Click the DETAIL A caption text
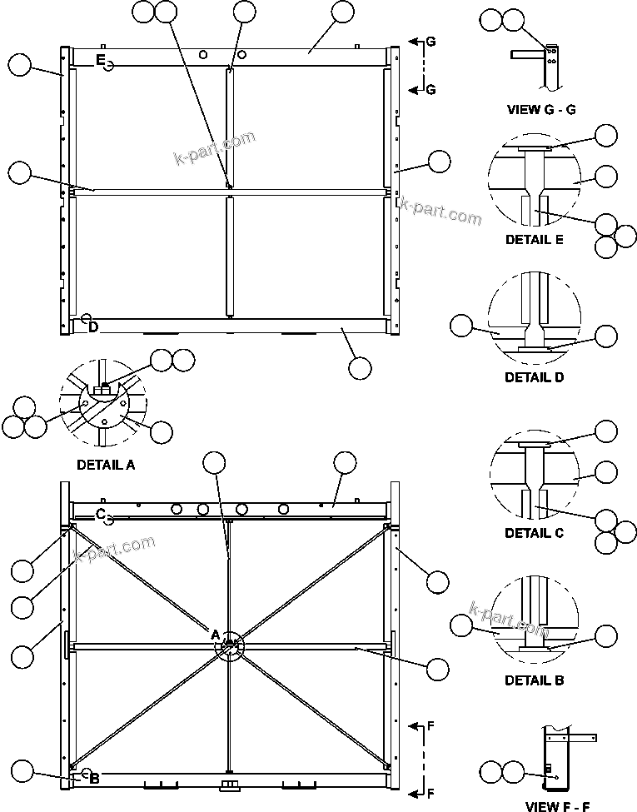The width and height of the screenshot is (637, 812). (x=106, y=466)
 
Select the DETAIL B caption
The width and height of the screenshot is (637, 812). (x=534, y=680)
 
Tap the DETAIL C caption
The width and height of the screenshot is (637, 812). (x=534, y=533)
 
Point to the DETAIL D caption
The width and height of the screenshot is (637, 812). (x=534, y=376)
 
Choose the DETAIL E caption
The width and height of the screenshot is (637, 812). (x=534, y=240)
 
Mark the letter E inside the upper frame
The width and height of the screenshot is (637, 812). (x=100, y=60)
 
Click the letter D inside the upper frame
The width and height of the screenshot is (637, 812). (x=93, y=327)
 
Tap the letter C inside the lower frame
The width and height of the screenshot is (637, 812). (x=100, y=514)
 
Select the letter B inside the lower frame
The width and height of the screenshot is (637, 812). (x=94, y=779)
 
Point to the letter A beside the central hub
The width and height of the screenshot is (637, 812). (x=215, y=635)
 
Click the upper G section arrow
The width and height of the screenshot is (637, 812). (x=413, y=41)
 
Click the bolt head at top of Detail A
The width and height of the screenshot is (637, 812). (x=104, y=388)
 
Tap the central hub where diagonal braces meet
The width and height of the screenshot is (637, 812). (x=230, y=645)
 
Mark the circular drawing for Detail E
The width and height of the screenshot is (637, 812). (x=533, y=183)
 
